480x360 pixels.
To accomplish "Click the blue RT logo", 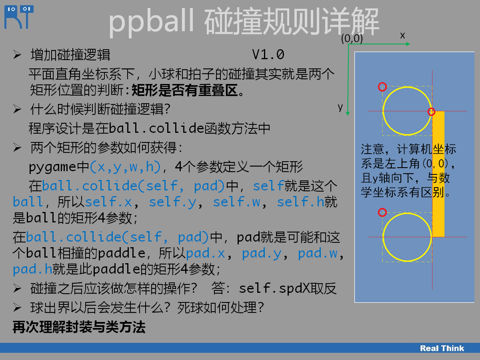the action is [19, 17].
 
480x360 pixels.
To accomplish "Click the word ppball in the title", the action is [151, 22].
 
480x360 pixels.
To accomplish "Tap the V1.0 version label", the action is [268, 54].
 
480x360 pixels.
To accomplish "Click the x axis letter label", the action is [402, 36].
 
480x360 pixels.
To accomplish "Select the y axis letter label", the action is [340, 107].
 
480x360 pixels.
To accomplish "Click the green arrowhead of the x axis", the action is [408, 44].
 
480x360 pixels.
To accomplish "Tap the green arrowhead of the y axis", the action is [348, 114].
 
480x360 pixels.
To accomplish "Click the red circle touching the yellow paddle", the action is [431, 112].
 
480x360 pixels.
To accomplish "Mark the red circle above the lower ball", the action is [382, 212].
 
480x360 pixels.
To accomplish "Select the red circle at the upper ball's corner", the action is [382, 87].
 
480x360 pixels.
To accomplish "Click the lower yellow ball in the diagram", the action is [383, 237].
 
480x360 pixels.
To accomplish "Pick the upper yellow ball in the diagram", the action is [383, 111].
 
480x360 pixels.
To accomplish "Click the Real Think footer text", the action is [442, 348].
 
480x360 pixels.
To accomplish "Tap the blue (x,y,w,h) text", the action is [125, 167].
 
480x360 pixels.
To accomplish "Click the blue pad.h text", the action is [32, 269].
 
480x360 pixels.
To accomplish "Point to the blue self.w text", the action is [237, 202].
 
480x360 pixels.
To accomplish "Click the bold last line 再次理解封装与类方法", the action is [79, 327].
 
